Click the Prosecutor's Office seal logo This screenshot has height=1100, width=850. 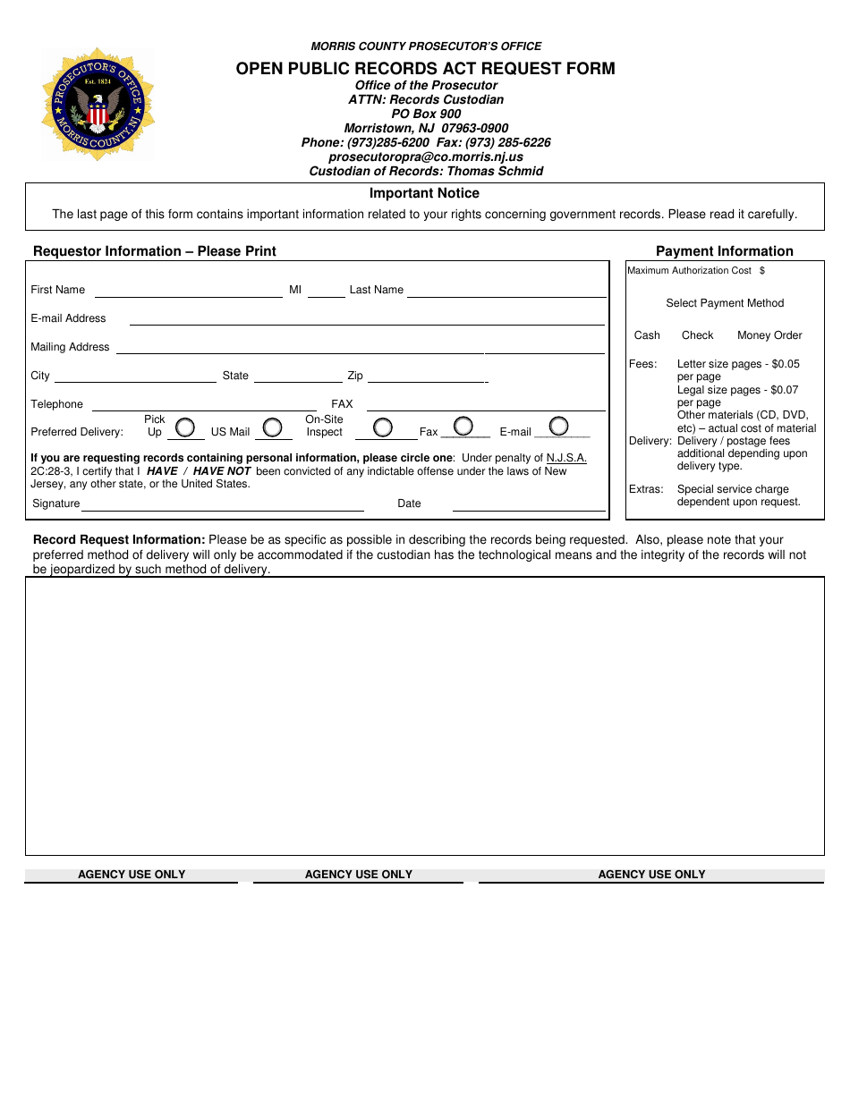coord(98,105)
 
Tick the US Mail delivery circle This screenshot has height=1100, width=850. coord(272,427)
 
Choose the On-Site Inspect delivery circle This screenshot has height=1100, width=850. coord(383,427)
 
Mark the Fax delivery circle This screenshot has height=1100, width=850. coord(463,426)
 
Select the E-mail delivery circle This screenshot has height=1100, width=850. coord(559,426)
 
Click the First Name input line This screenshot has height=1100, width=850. coord(188,292)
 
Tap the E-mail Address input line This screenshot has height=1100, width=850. coord(367,320)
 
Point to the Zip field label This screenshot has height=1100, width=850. coord(355,376)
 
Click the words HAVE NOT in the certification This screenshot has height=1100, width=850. coord(222,471)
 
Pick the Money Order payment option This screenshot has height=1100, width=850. coord(769,335)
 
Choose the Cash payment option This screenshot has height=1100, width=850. coord(647,335)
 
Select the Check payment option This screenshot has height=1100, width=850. coord(697,335)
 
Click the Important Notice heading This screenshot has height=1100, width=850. coord(424,193)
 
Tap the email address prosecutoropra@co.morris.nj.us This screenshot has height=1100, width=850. coord(426,157)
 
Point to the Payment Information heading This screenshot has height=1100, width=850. coord(725,251)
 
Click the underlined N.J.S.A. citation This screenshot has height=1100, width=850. coord(566,458)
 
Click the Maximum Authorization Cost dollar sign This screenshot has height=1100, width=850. coord(762,270)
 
